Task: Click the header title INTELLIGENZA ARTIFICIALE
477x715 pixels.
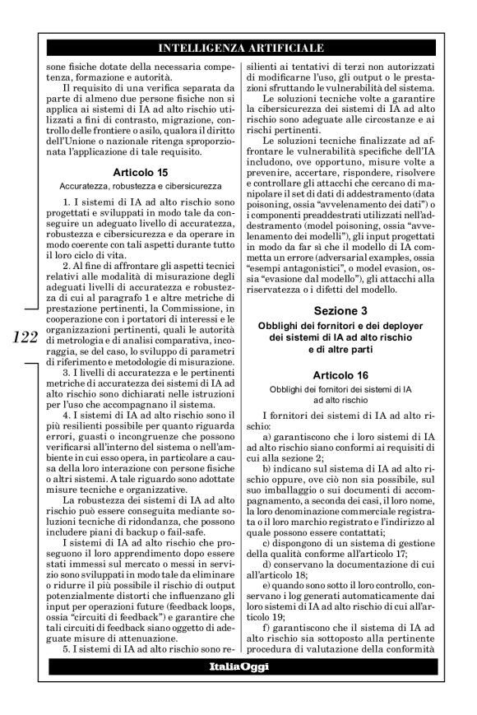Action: pos(239,48)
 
